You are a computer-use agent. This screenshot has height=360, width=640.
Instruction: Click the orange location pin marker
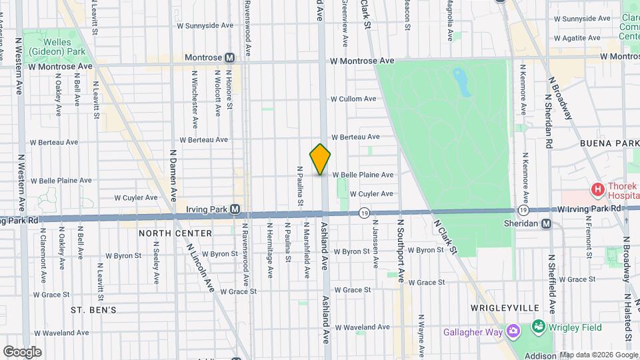pos(320,159)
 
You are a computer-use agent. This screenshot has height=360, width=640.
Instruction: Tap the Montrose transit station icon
pos(230,58)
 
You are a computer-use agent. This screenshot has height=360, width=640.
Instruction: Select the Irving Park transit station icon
pos(235,209)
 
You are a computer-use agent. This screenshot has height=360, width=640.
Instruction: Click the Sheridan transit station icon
pos(546,224)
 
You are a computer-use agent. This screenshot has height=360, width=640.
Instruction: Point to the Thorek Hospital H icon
pos(598,190)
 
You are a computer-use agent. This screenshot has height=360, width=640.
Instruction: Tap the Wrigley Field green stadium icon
pos(537,327)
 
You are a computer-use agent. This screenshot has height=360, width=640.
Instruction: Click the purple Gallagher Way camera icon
pos(513,331)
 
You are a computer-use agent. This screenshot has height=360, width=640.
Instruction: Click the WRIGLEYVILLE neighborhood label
pos(504,308)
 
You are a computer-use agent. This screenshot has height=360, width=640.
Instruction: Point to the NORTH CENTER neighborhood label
pos(175,233)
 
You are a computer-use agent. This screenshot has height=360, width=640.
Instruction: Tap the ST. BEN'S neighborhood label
pos(93,310)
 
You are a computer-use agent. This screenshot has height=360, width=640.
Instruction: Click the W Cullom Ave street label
pos(354,99)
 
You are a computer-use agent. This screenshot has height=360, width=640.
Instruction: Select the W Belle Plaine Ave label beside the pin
pos(363,175)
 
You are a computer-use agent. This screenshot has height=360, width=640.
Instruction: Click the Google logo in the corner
pos(22,351)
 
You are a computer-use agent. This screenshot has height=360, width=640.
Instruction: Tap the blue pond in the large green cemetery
pos(459,81)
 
